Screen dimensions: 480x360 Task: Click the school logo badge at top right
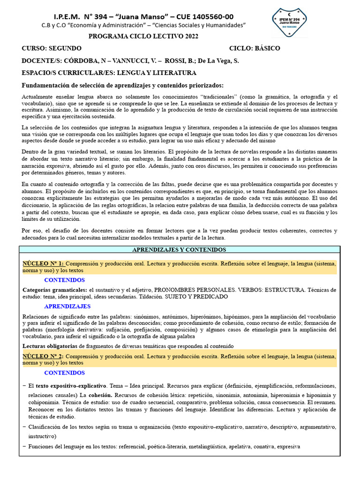pos(289,22)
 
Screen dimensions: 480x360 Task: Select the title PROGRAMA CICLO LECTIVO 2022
pos(143,37)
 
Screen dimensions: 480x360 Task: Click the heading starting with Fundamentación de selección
pos(123,85)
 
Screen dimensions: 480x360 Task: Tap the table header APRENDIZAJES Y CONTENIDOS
pos(180,250)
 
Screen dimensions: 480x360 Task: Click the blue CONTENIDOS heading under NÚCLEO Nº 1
pos(65,280)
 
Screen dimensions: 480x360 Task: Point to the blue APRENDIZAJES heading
pos(67,306)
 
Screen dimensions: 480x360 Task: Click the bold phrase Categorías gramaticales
pos(55,290)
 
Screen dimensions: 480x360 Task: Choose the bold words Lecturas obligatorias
pos(50,346)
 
